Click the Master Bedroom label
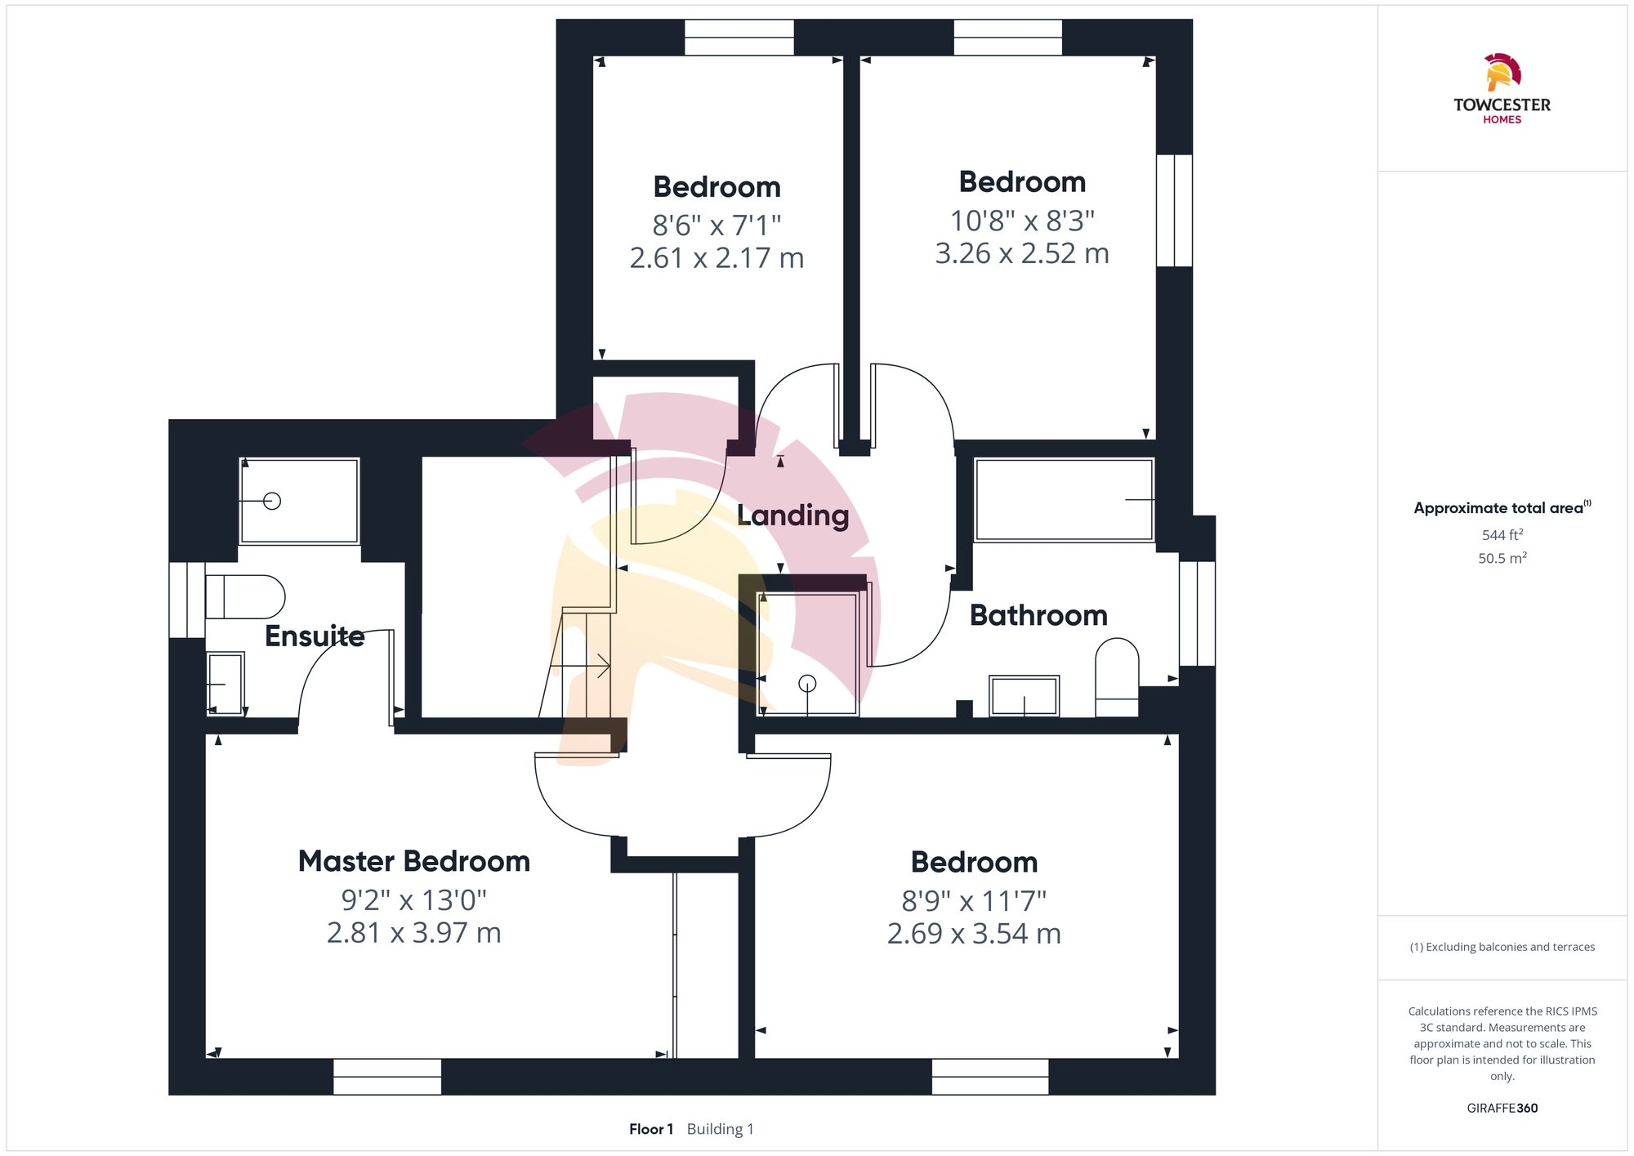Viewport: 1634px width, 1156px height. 413,861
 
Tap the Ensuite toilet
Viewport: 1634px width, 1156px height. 244,596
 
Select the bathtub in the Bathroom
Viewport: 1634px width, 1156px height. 1064,500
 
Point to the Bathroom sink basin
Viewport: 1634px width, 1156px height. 1024,696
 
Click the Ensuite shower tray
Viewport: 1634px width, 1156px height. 299,501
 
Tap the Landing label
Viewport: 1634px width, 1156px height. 792,516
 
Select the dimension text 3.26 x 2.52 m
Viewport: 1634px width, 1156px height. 1022,253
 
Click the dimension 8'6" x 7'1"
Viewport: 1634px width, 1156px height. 717,224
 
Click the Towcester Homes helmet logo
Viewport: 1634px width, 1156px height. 1502,73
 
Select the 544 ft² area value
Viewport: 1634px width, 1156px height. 1502,535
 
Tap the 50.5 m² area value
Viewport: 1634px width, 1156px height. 1502,559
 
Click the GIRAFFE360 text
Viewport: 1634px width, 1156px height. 1502,1109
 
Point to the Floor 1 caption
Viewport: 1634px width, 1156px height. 651,1129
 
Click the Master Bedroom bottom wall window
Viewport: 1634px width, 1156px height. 387,1076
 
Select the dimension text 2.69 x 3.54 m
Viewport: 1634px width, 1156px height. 974,934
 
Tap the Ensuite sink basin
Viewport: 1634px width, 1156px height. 225,684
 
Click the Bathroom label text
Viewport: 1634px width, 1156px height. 1038,615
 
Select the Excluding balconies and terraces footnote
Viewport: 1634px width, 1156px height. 1502,948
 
